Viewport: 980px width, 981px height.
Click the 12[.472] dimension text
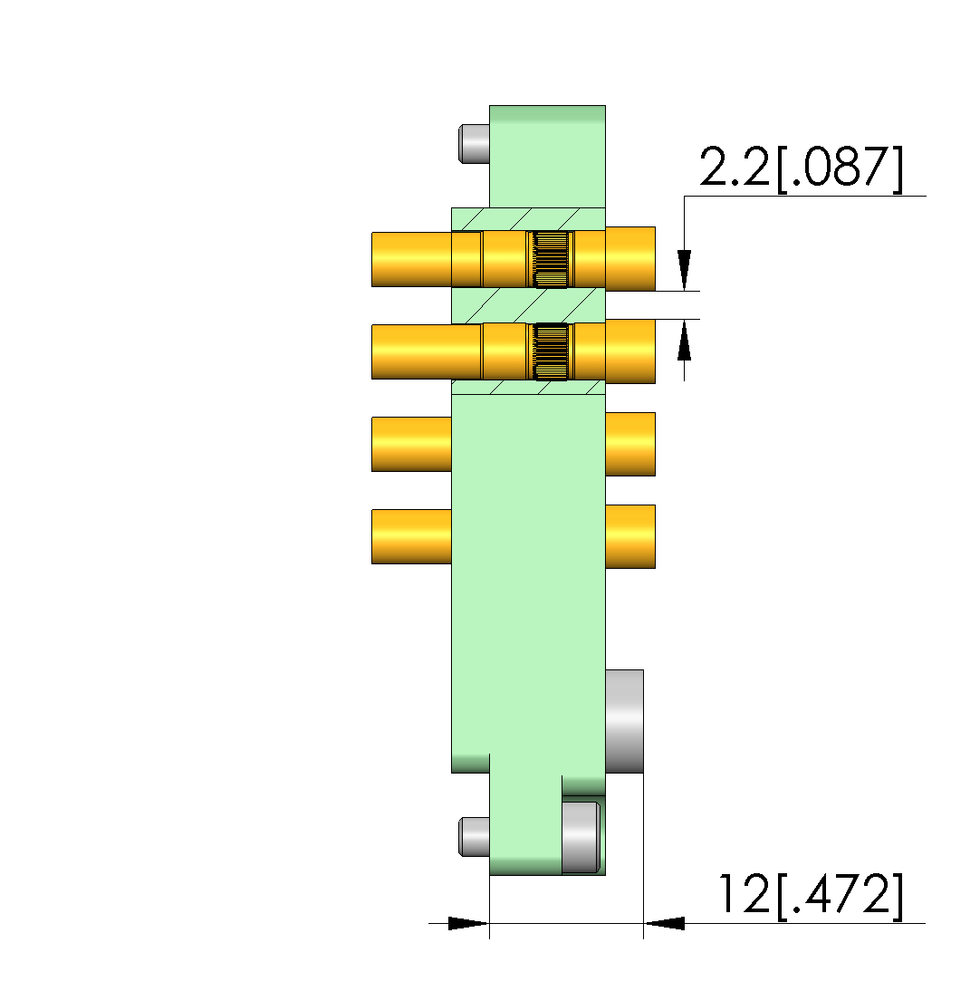[811, 895]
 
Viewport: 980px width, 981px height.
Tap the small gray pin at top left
[474, 144]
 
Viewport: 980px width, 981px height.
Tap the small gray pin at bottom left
[474, 836]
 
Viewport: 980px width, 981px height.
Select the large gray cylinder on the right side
[624, 721]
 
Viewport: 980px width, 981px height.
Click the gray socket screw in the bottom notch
[581, 837]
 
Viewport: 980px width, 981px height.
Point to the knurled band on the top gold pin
[551, 260]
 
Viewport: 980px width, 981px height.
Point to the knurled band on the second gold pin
[551, 351]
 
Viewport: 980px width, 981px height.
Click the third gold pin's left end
[411, 444]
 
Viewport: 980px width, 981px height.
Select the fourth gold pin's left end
[411, 537]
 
